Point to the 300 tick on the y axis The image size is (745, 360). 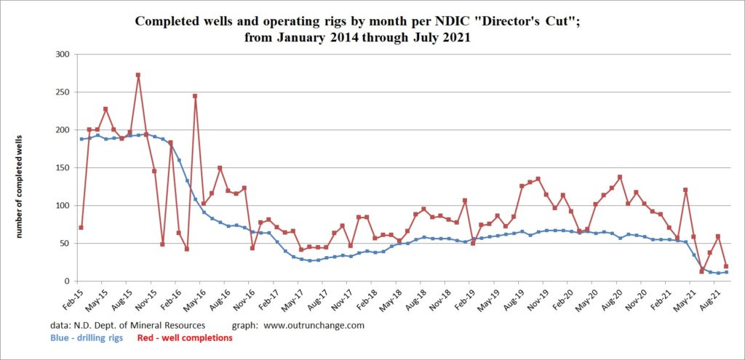pos(63,55)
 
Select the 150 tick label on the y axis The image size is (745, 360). pos(63,168)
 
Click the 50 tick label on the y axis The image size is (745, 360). pos(65,244)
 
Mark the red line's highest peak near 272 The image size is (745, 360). pos(138,75)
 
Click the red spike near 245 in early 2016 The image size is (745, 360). pos(195,96)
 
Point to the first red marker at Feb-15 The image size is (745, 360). pos(81,228)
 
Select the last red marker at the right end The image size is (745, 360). pos(726,266)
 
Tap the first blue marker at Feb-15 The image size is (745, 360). pos(81,139)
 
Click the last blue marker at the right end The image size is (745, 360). pos(726,272)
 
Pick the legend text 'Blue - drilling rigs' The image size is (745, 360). pos(91,337)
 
